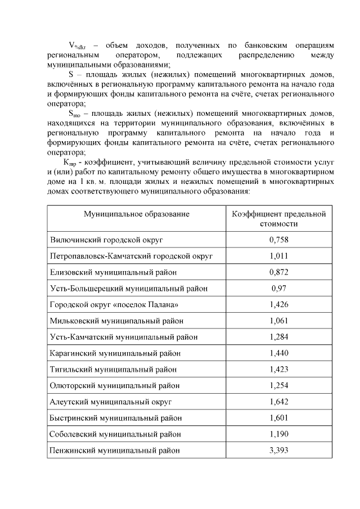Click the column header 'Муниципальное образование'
point(137,214)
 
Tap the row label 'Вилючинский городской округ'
point(106,240)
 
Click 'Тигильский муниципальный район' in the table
point(113,370)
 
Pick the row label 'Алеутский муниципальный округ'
point(111,402)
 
